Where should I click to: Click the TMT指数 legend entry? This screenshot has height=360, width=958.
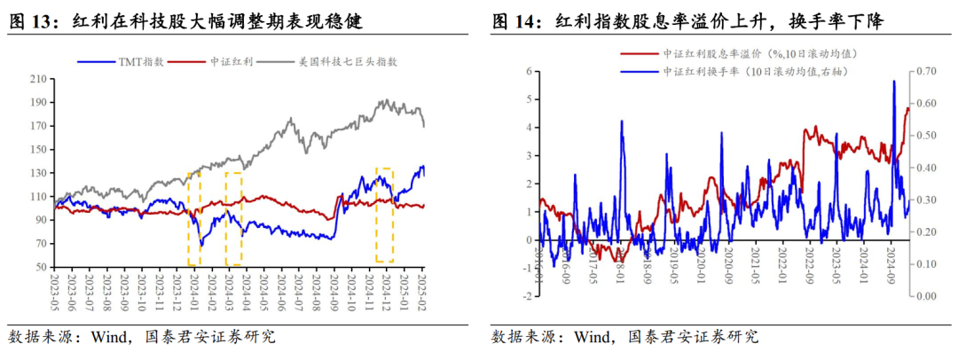133,62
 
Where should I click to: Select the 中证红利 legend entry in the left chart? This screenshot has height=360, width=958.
228,62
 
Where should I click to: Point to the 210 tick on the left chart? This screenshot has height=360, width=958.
38,78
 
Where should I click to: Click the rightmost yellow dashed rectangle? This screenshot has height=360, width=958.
384,215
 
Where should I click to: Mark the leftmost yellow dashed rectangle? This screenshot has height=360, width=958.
194,218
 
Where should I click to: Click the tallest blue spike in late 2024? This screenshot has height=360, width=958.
893,82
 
